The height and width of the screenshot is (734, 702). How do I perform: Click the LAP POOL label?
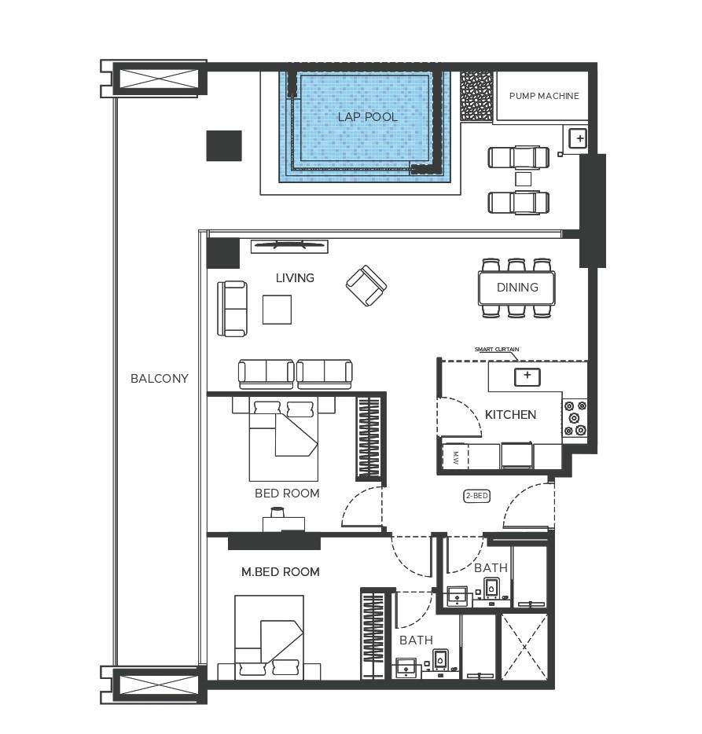tap(367, 117)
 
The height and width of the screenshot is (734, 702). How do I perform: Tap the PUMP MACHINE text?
tap(544, 96)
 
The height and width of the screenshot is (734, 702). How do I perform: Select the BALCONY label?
tap(160, 378)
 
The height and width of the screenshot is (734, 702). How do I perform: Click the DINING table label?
tap(517, 288)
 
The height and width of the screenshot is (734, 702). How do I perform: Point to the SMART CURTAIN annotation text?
tap(496, 349)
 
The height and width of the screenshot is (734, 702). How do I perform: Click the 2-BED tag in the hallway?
tap(476, 496)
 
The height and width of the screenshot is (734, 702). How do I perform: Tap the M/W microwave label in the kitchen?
tap(454, 457)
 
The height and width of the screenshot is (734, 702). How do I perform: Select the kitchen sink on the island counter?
tap(527, 376)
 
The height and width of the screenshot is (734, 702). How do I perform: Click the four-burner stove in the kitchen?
tap(575, 418)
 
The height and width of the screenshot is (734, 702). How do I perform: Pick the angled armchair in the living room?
tap(366, 285)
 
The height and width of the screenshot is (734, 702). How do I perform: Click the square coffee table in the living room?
tap(277, 309)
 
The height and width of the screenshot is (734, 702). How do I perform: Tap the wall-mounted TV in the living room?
tap(289, 246)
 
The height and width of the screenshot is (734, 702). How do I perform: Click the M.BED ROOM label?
tap(280, 572)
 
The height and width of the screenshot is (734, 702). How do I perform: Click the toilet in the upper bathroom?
tap(491, 588)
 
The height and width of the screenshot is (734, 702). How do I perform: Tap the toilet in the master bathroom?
tap(440, 659)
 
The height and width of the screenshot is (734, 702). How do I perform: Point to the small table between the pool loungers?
tap(523, 179)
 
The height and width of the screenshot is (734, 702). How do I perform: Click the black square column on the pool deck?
tap(224, 146)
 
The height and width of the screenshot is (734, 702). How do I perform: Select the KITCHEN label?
tap(510, 415)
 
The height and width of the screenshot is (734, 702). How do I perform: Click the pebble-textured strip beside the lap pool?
tap(476, 96)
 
